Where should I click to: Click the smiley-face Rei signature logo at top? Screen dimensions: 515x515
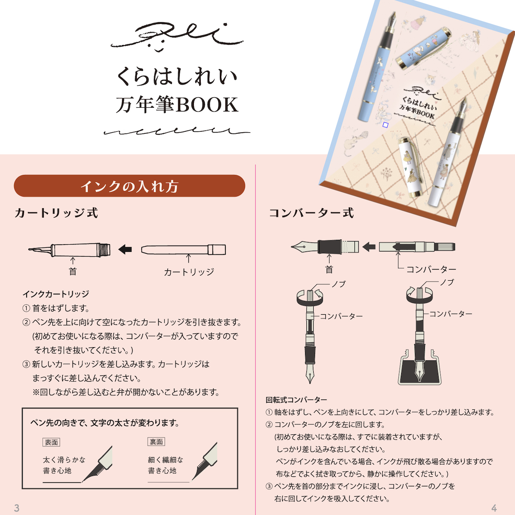[x=176, y=37]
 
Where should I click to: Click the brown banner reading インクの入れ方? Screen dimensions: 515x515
[x=129, y=186]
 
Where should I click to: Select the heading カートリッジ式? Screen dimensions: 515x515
[x=56, y=213]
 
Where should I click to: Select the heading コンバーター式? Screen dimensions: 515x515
[x=311, y=213]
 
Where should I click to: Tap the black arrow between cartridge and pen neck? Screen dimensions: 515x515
[x=125, y=249]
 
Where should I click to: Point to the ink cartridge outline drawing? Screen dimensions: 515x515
[x=183, y=250]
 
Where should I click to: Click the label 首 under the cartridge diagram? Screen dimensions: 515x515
[x=73, y=271]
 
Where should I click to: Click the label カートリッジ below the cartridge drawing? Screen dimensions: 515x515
[x=189, y=272]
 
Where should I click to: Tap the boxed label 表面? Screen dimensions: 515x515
[x=51, y=442]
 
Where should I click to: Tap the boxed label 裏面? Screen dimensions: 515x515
[x=156, y=442]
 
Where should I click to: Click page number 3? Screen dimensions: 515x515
[x=17, y=508]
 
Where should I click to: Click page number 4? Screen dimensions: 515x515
[x=494, y=508]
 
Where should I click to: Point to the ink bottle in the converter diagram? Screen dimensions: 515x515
[x=419, y=367]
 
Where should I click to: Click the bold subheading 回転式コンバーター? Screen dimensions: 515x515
[x=296, y=400]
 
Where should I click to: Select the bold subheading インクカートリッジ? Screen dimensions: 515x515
[x=56, y=294]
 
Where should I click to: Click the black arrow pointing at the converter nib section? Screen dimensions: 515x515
[x=369, y=247]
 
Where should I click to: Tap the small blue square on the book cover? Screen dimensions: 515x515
[x=385, y=125]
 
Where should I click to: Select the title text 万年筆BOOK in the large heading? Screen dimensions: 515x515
[x=177, y=105]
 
